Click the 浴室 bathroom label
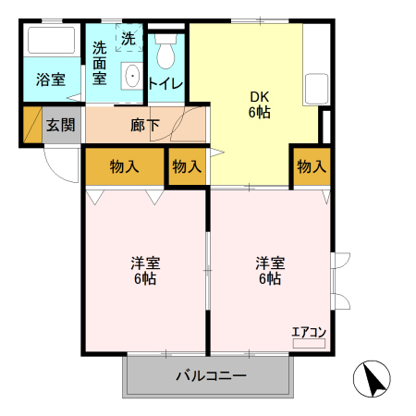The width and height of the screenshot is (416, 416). point(51,80)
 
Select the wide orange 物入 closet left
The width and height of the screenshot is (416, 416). point(124,166)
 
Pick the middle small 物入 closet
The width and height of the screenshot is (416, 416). point(187,166)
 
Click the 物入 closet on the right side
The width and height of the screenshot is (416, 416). point(312,166)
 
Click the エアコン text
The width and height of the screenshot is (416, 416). point(309,332)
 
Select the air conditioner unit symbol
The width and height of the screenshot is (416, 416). point(309,343)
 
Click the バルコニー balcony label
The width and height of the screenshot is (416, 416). point(211,376)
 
